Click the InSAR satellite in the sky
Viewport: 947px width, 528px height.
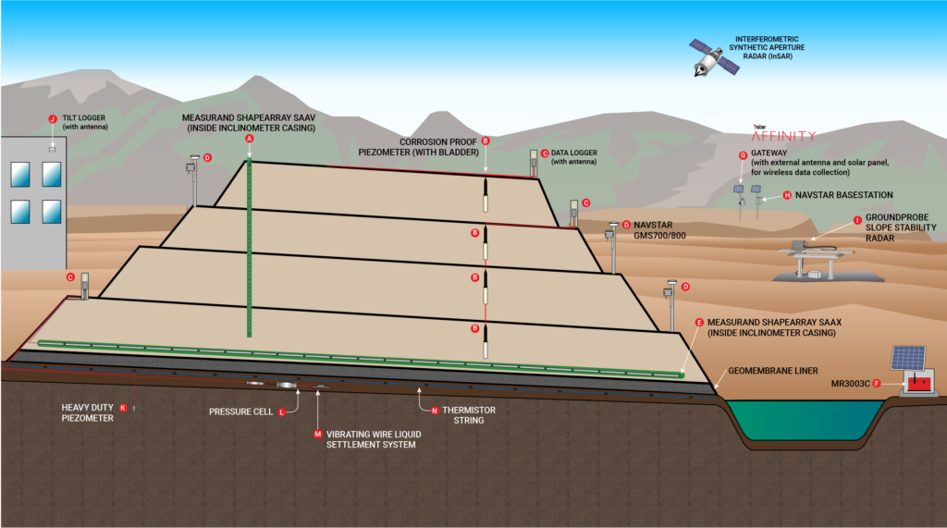click(715, 57)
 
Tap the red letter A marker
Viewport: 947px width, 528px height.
click(250, 139)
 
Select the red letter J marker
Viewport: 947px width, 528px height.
click(53, 119)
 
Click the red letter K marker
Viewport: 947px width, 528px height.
click(123, 408)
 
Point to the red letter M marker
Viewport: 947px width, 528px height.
click(318, 435)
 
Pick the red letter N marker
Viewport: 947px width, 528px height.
click(435, 411)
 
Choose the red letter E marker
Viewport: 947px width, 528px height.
click(699, 323)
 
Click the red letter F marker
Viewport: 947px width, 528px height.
click(877, 384)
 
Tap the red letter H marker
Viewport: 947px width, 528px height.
click(787, 195)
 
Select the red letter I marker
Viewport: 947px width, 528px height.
click(857, 220)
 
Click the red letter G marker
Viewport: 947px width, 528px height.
click(743, 155)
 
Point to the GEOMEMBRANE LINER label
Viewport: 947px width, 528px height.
click(773, 371)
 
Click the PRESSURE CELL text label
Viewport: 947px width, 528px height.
click(241, 412)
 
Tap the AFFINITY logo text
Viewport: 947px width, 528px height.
click(783, 136)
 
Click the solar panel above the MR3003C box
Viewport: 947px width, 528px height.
click(908, 358)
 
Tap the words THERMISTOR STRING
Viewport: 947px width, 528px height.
click(469, 415)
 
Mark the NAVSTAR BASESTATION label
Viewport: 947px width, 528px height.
click(843, 195)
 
